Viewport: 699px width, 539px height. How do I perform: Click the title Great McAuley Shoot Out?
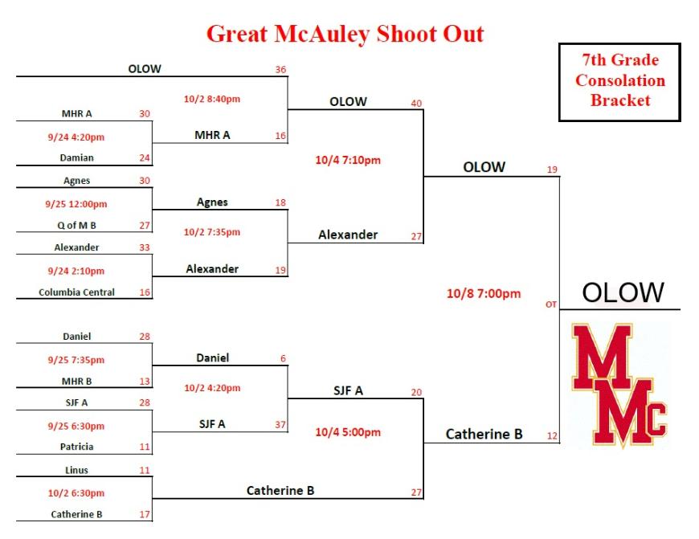click(x=345, y=35)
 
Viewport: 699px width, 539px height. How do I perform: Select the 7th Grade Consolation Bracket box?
click(x=619, y=82)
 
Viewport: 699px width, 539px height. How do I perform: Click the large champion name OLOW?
click(x=623, y=292)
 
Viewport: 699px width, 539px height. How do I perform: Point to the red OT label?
click(x=551, y=304)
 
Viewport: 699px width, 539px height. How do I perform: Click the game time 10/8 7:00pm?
click(x=484, y=294)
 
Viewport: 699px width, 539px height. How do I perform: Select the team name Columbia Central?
click(x=76, y=292)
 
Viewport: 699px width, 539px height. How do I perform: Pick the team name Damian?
click(x=76, y=157)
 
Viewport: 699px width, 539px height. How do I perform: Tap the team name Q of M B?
click(x=76, y=226)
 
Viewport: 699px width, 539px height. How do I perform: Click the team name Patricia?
click(x=76, y=447)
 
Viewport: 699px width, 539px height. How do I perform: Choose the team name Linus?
click(x=76, y=471)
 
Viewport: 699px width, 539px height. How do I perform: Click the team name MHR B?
click(x=76, y=382)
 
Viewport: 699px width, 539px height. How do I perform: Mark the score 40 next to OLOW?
click(x=416, y=104)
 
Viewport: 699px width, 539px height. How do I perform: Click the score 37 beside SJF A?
click(x=280, y=425)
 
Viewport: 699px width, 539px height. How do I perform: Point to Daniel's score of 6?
click(x=283, y=359)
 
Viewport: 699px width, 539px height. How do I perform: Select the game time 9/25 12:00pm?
click(x=76, y=205)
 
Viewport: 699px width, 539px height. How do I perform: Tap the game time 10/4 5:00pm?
click(x=348, y=432)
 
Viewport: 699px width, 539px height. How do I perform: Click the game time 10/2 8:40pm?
click(x=212, y=99)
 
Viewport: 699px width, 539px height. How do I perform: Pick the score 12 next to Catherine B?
click(x=552, y=436)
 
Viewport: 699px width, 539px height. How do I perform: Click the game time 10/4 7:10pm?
click(x=348, y=161)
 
